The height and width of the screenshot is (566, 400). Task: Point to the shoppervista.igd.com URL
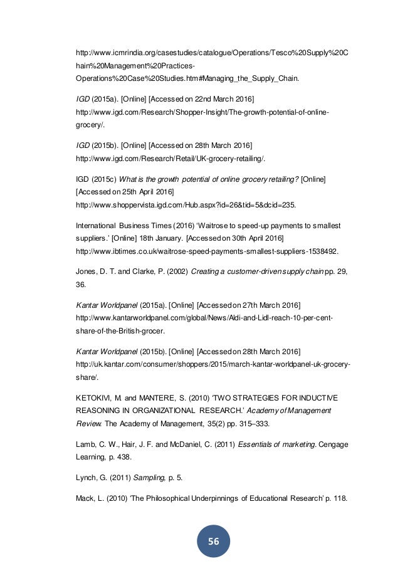[x=185, y=205]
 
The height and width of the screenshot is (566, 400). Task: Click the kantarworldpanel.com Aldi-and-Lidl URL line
[x=204, y=318]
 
